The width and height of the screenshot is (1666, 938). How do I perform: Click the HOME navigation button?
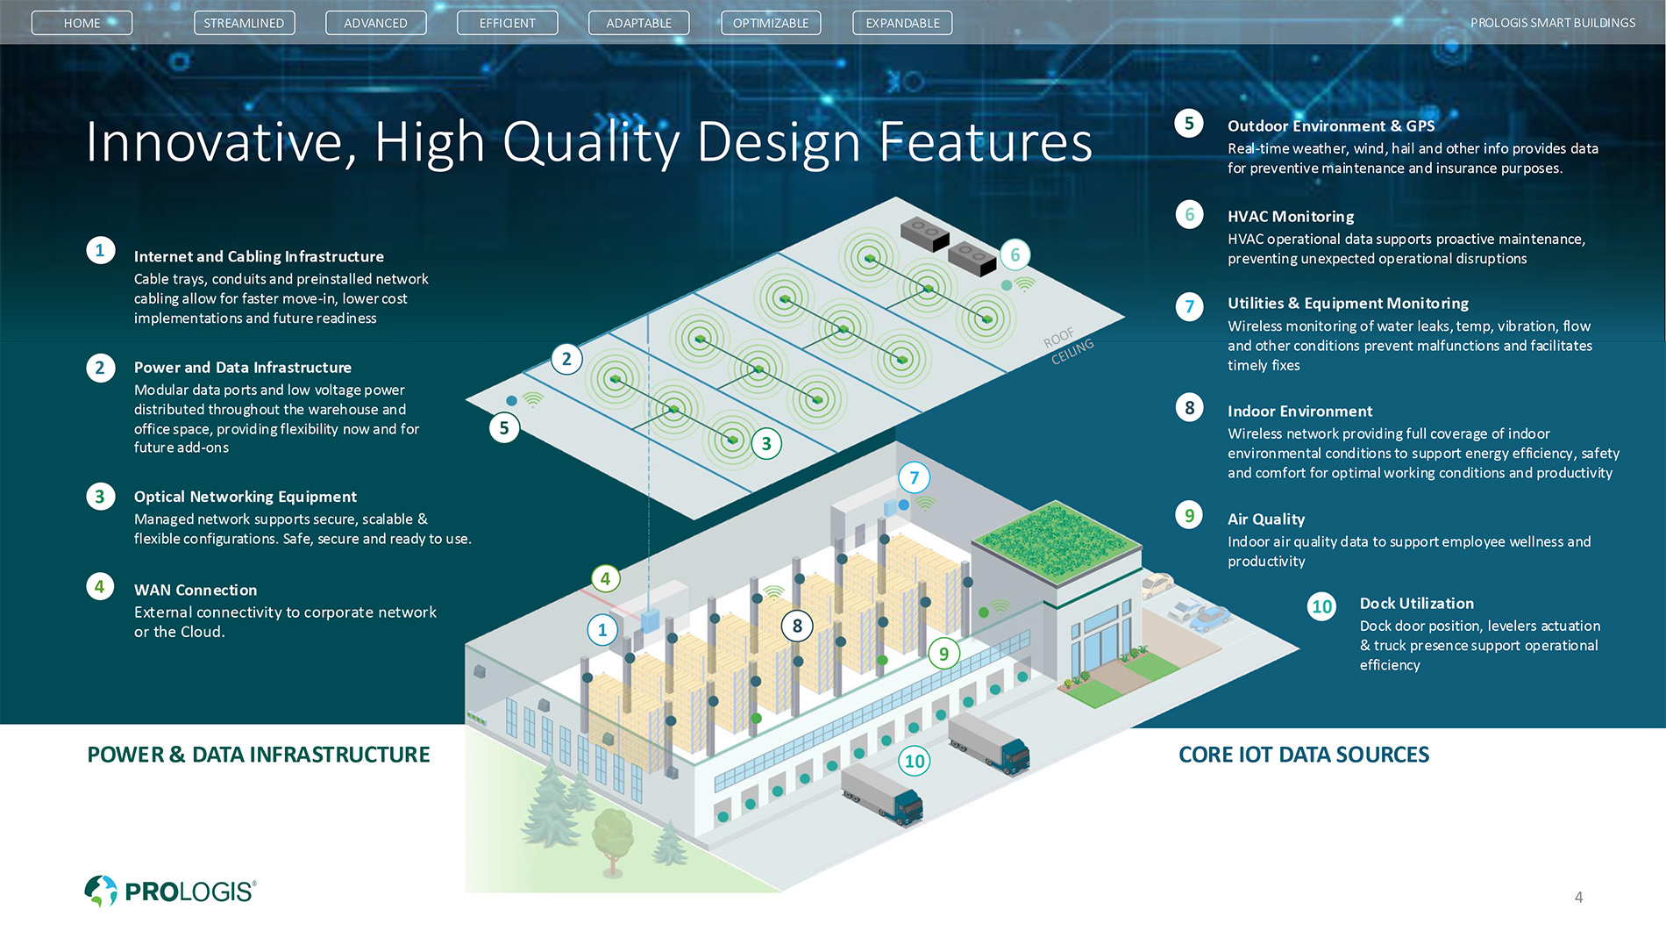[x=82, y=23]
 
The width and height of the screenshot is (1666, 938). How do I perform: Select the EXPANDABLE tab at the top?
[x=902, y=23]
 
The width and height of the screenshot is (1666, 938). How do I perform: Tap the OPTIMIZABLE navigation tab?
[x=771, y=23]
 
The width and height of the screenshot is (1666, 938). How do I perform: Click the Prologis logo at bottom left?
[x=170, y=891]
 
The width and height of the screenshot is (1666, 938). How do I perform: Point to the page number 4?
[x=1578, y=897]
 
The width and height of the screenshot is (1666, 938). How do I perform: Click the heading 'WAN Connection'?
[x=196, y=590]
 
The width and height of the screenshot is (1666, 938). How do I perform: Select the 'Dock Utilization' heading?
[x=1416, y=603]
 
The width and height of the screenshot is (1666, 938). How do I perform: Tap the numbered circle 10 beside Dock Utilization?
[x=1321, y=606]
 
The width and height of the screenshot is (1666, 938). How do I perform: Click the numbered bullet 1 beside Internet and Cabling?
[x=100, y=251]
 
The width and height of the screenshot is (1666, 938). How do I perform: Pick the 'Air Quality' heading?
[x=1265, y=519]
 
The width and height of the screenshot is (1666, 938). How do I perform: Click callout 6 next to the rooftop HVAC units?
[x=1015, y=255]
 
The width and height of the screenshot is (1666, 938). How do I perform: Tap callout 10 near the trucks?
[x=915, y=761]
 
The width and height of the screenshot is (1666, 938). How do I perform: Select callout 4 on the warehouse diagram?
[x=605, y=578]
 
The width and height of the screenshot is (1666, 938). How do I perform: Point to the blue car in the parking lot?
[x=1209, y=618]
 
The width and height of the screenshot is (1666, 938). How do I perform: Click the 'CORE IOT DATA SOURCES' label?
[x=1303, y=755]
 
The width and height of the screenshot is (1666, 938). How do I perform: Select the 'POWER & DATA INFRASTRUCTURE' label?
[x=259, y=755]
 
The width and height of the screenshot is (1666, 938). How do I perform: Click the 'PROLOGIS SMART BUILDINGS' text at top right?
[x=1552, y=23]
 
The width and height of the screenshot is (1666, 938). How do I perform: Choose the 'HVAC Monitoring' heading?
[x=1290, y=216]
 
